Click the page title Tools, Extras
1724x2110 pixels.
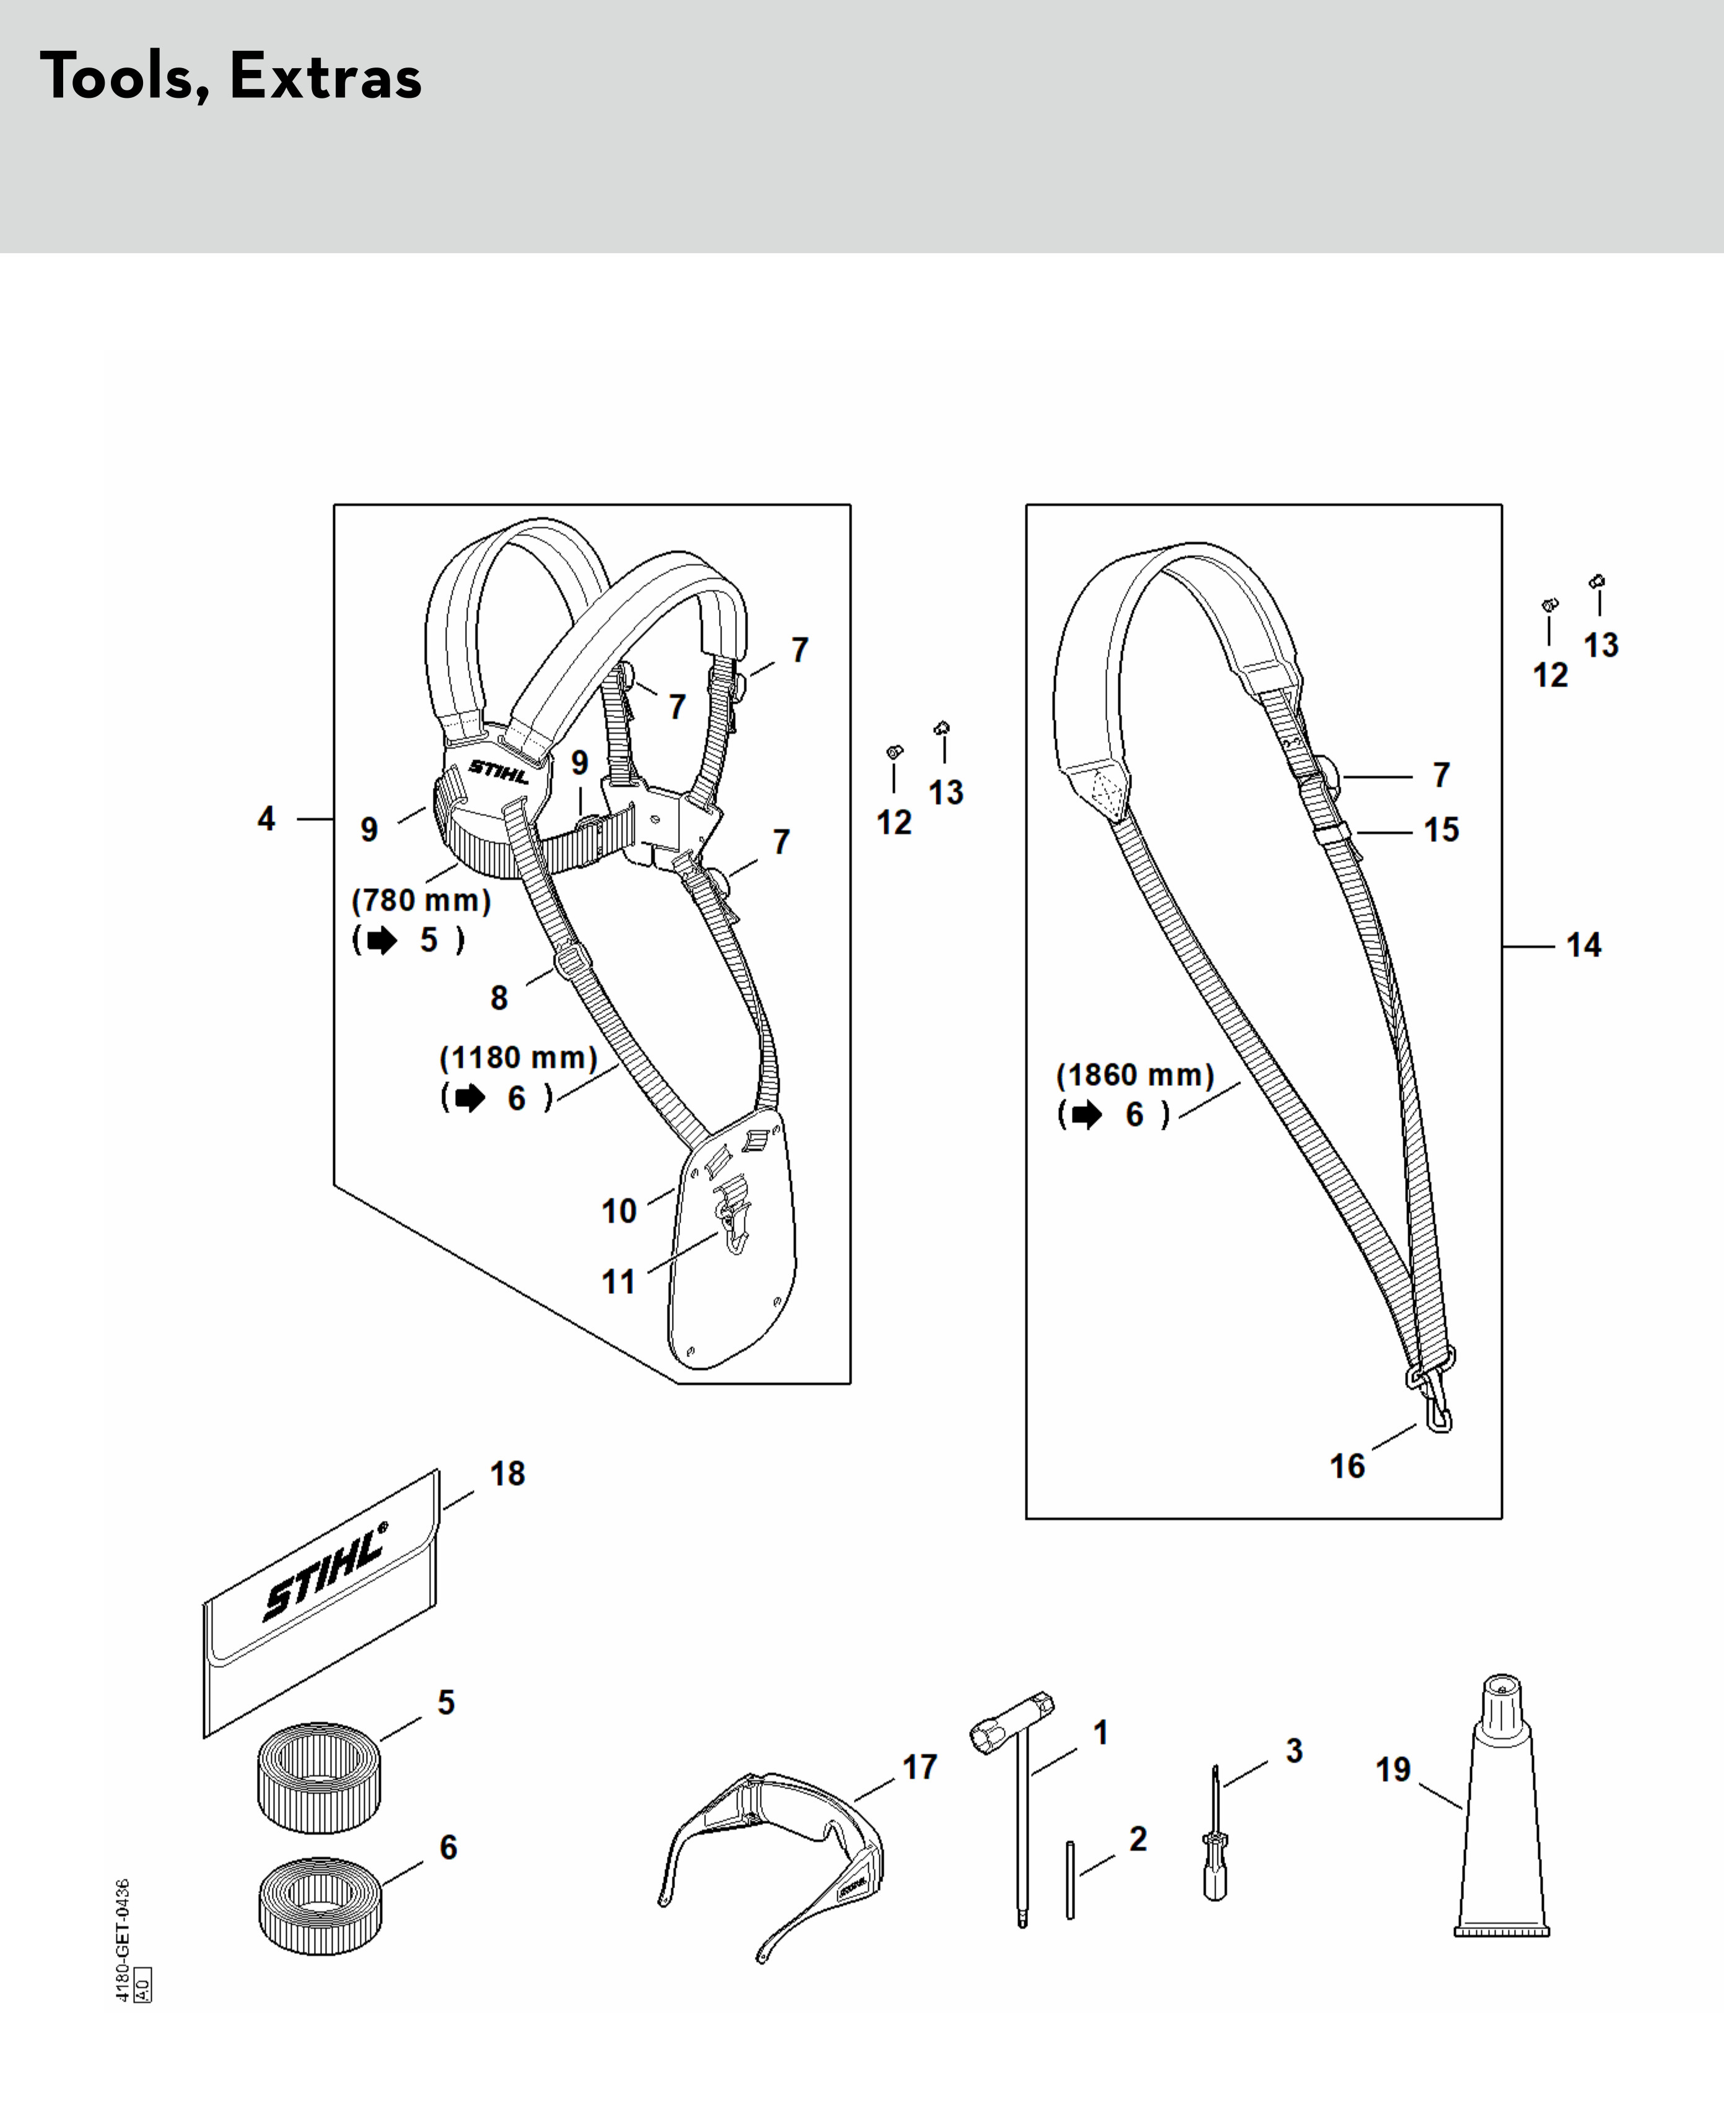(x=230, y=77)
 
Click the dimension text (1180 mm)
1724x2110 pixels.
(x=518, y=1057)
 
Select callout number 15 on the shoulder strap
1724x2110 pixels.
(x=1441, y=830)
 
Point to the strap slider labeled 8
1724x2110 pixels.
(x=573, y=960)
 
